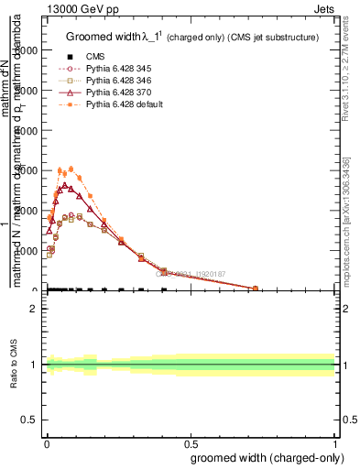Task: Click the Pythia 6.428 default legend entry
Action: [134, 104]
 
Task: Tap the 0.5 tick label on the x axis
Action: [191, 442]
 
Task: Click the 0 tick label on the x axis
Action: [47, 442]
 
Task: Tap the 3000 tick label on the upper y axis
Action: [27, 170]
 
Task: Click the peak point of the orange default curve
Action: [71, 169]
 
